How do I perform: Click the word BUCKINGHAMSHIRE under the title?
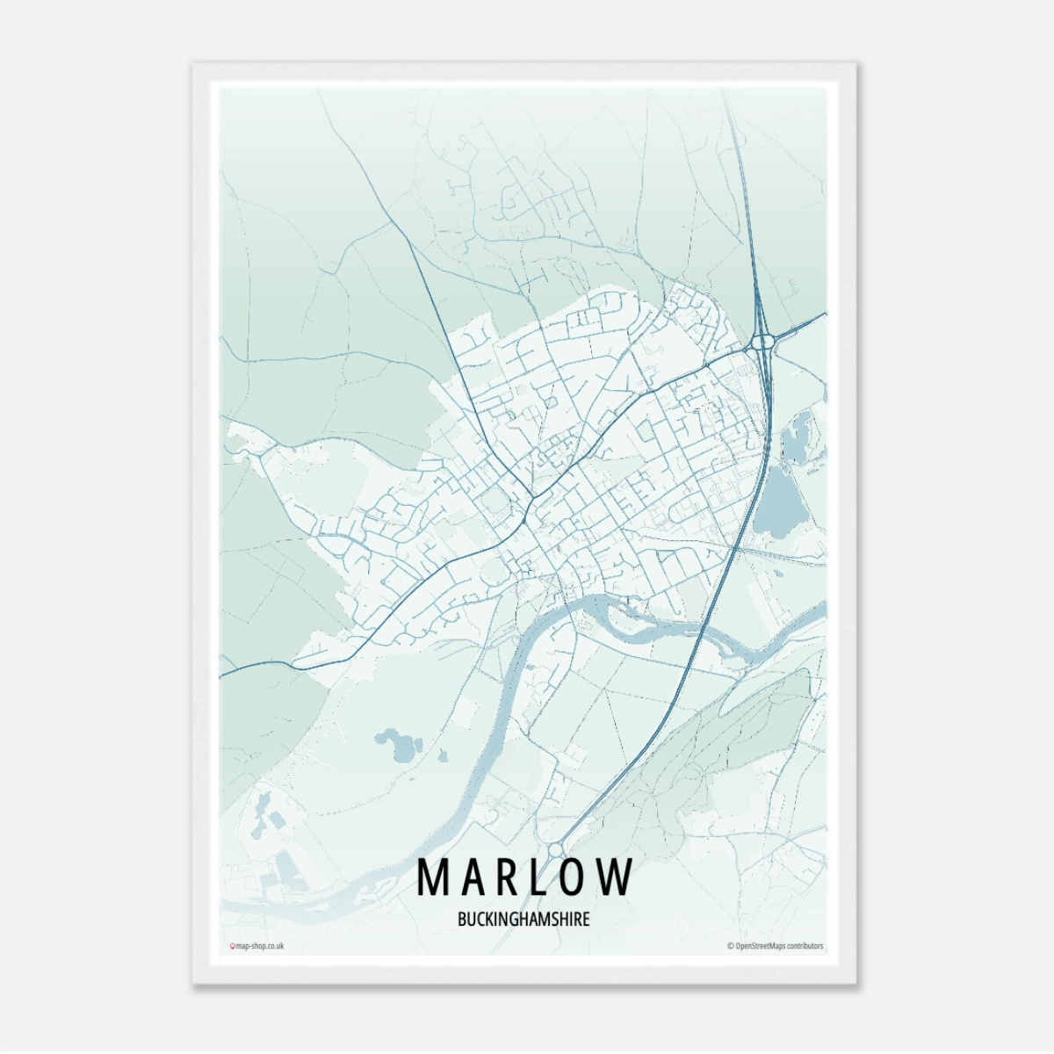pyautogui.click(x=523, y=920)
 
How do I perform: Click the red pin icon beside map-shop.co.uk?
pyautogui.click(x=232, y=946)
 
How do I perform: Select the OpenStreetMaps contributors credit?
pyautogui.click(x=776, y=946)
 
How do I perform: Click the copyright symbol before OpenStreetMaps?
pyautogui.click(x=730, y=946)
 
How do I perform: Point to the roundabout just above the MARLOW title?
pyautogui.click(x=555, y=850)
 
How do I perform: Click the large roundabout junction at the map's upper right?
pyautogui.click(x=762, y=340)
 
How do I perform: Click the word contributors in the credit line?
pyautogui.click(x=804, y=946)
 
